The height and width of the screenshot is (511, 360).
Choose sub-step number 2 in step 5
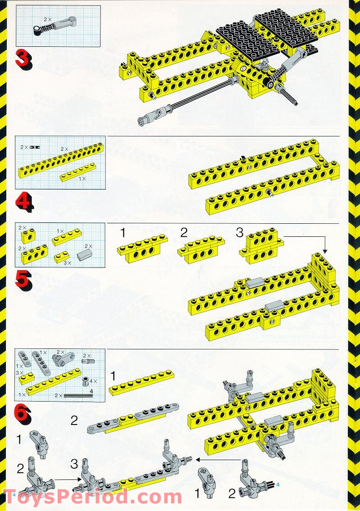[183, 233]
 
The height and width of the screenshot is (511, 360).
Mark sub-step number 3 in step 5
[240, 233]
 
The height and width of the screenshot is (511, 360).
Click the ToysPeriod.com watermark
[92, 497]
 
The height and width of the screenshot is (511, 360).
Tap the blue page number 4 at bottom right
[278, 484]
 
